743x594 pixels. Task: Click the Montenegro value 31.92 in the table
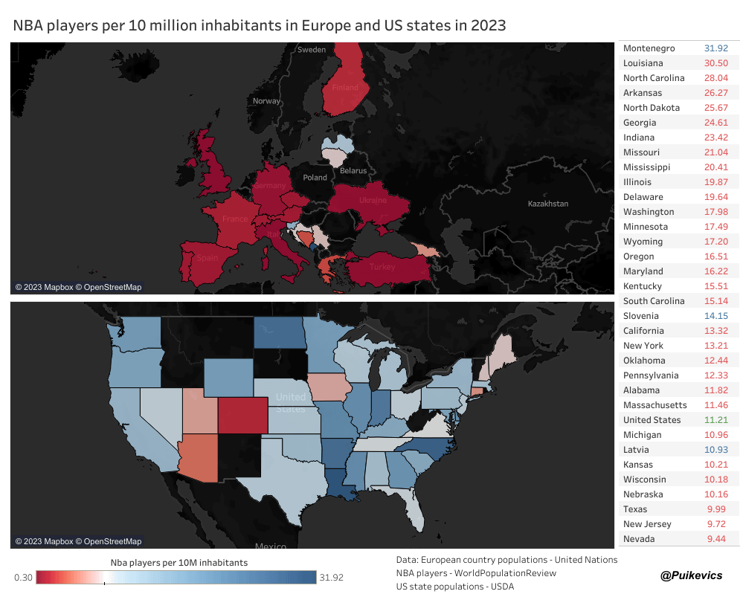715,48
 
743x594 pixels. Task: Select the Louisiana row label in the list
643,63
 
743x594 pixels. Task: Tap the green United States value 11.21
715,420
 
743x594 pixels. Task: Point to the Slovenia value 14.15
715,316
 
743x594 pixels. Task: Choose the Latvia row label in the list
636,450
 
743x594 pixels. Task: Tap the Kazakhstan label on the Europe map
547,204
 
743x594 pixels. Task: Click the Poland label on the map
315,178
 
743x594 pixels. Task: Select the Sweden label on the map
312,50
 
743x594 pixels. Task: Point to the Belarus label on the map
353,171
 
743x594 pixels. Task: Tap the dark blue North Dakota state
279,332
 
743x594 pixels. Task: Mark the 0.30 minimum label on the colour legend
23,578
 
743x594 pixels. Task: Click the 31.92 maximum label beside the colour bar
332,578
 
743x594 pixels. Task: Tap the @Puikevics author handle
691,575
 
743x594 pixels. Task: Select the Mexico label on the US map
270,547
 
